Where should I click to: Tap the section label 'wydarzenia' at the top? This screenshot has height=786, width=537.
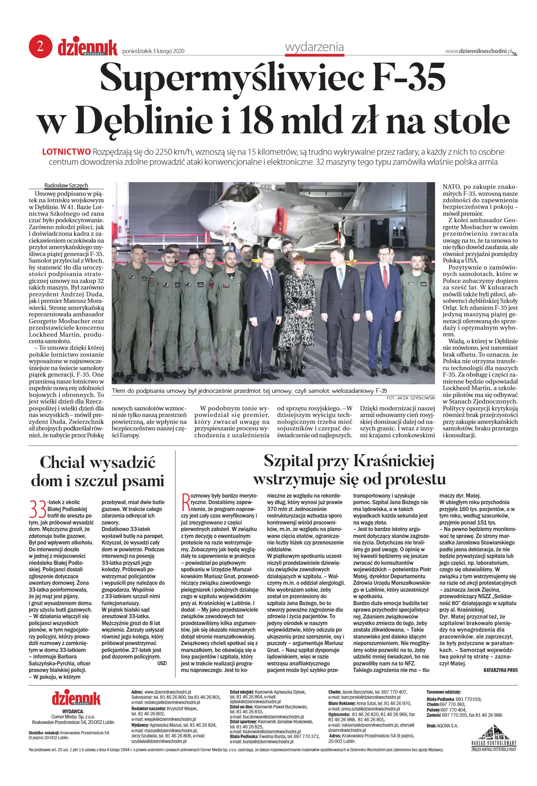pos(314,47)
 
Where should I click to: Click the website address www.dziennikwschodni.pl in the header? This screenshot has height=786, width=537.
pos(478,51)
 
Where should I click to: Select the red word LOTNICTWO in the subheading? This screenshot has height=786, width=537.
pos(66,152)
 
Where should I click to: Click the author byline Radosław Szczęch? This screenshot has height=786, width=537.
pos(66,185)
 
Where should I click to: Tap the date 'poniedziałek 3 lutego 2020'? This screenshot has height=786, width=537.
pos(153,51)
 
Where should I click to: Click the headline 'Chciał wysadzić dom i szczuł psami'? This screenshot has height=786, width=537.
pos(98,471)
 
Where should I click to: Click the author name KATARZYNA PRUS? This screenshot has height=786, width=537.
pos(500,670)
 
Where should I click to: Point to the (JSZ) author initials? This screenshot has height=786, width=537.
pos(162,663)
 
